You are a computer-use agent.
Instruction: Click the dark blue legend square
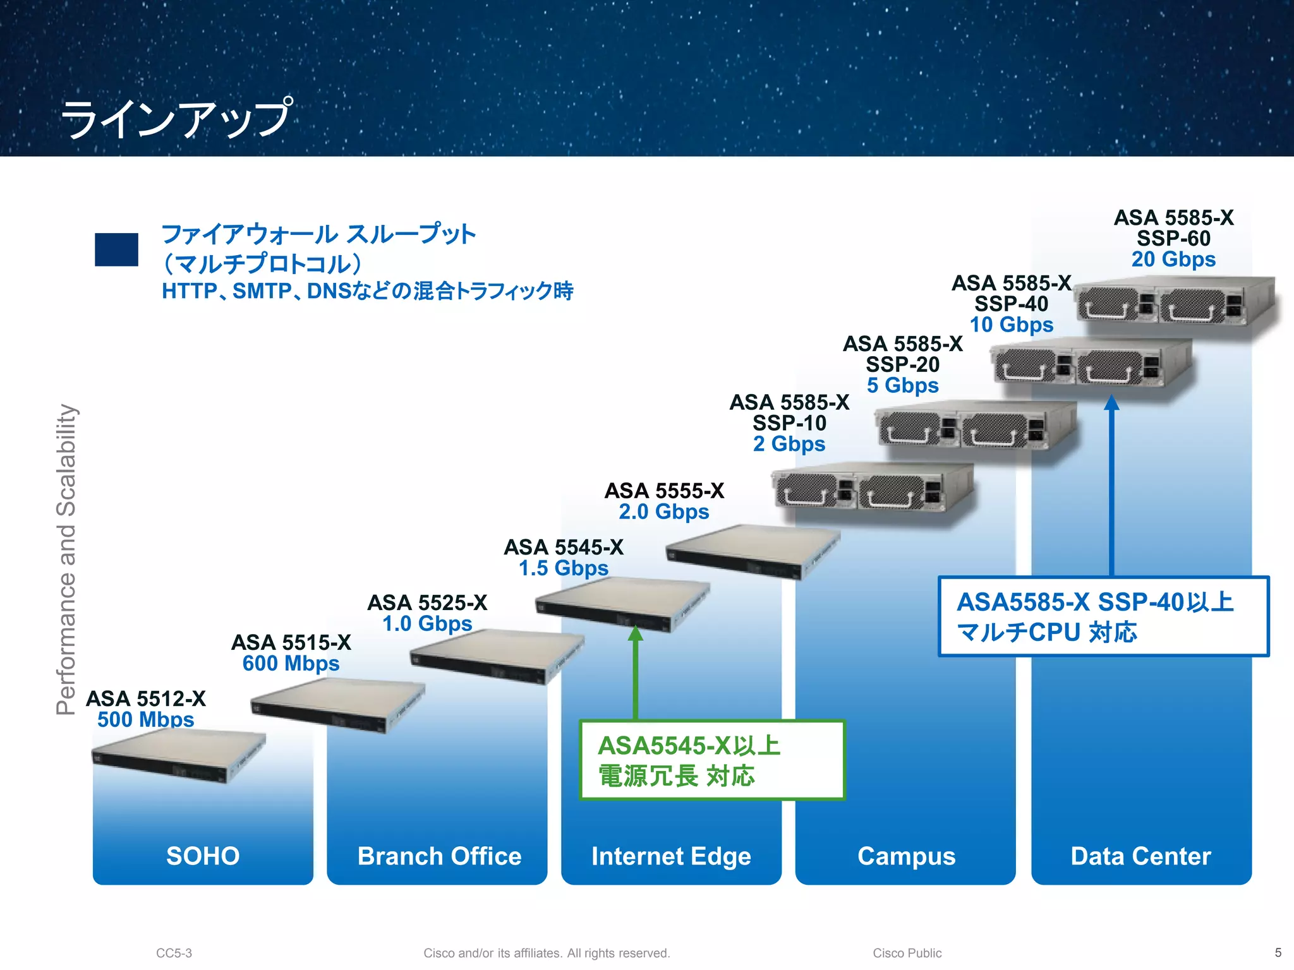point(116,249)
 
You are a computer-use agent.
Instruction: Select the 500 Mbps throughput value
point(145,719)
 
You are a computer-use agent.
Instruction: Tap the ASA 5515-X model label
point(291,642)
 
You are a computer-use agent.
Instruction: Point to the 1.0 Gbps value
point(427,623)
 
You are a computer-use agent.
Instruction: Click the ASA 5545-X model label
point(563,547)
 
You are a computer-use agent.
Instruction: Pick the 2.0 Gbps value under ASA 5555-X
point(663,512)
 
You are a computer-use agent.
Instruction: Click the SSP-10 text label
point(789,422)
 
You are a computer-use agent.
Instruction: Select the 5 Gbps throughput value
point(902,385)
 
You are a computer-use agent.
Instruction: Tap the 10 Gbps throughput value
point(1011,325)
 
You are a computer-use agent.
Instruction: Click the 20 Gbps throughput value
point(1173,259)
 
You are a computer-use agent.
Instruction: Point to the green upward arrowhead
point(636,633)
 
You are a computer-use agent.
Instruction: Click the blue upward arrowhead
point(1111,402)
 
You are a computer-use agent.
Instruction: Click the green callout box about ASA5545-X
point(712,760)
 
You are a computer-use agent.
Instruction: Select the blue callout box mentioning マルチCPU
point(1103,616)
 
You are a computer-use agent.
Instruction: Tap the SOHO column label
point(203,856)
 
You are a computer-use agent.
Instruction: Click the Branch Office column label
point(439,856)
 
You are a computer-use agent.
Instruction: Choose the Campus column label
point(906,856)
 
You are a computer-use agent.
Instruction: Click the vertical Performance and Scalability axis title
point(66,559)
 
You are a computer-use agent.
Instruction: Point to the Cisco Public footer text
point(907,953)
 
